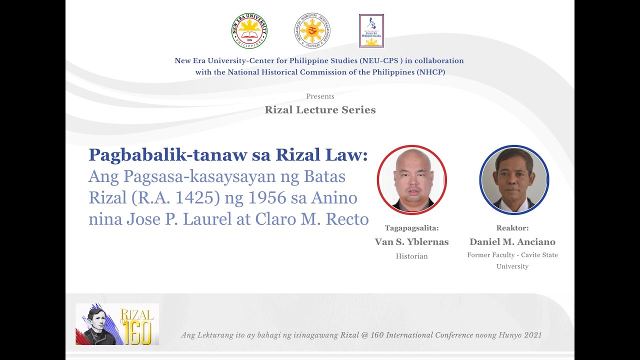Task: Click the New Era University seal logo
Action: tap(249, 31)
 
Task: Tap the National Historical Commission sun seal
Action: tap(312, 31)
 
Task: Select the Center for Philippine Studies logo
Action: tap(371, 31)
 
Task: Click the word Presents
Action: tap(320, 96)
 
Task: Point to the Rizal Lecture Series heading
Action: tap(320, 110)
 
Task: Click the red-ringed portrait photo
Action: tap(411, 180)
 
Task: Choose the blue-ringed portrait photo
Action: tap(514, 180)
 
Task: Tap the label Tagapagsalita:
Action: tap(411, 228)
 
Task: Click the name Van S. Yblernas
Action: tap(411, 242)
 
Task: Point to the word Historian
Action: tap(411, 256)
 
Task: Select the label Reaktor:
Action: tap(512, 228)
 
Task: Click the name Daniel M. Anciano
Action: tap(512, 242)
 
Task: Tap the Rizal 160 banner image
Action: tap(117, 324)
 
